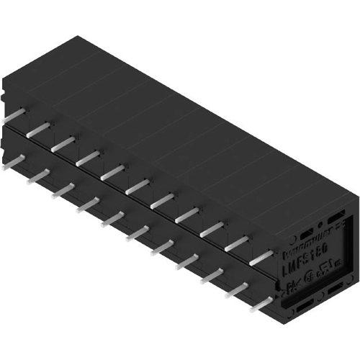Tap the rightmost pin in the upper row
[x=261, y=255]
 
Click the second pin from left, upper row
[x=39, y=128]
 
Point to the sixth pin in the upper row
[x=137, y=185]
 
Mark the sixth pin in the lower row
[x=137, y=232]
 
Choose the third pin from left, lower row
[x=63, y=189]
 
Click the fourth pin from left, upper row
[x=88, y=156]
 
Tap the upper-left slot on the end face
[x=306, y=235]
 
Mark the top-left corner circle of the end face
[x=291, y=242]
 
